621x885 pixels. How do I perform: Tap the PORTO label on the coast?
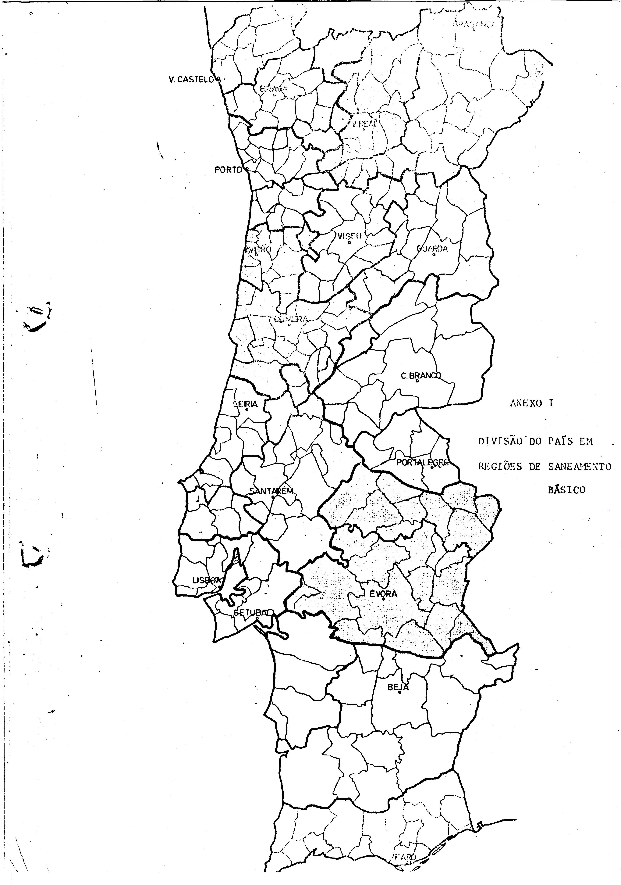click(x=228, y=170)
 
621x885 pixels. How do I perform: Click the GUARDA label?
click(x=432, y=249)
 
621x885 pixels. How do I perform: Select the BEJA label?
click(x=398, y=687)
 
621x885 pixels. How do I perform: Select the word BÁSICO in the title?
click(x=566, y=491)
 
